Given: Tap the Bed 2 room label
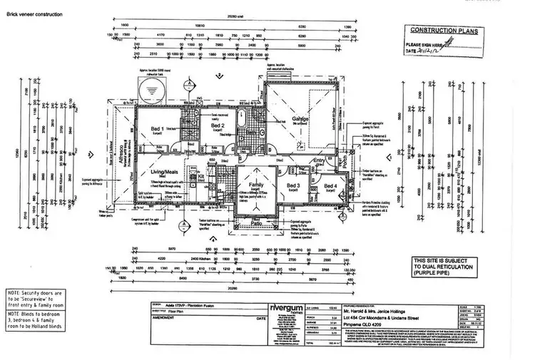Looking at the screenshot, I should click(x=218, y=125).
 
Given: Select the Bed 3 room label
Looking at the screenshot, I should click(x=292, y=185).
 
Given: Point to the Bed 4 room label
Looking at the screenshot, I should click(x=330, y=185).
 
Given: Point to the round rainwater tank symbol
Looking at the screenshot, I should click(x=151, y=91).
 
